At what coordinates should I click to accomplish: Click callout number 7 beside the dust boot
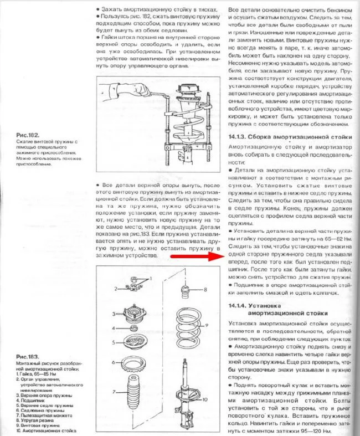tap(115, 392)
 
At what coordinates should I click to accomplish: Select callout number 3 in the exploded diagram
tap(115, 314)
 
